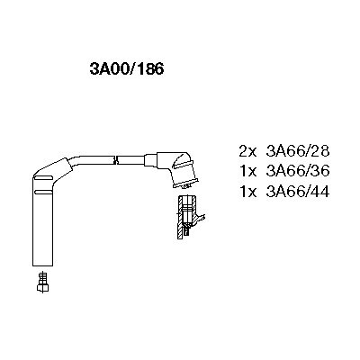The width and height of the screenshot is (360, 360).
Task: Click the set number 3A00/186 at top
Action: (127, 69)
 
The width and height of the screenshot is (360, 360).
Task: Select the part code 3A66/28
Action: (298, 151)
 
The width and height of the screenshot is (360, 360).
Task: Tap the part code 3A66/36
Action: (298, 171)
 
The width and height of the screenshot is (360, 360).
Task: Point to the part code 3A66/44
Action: (298, 191)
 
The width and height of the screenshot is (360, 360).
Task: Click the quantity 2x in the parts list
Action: (248, 151)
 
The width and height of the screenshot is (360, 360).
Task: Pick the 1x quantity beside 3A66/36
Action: (248, 171)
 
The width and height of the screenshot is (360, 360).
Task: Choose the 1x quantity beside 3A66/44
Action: (248, 191)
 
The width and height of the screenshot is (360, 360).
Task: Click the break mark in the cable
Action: (115, 159)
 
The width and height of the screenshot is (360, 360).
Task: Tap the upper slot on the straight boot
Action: (44, 179)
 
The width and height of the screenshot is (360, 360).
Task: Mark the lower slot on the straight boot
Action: (44, 192)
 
